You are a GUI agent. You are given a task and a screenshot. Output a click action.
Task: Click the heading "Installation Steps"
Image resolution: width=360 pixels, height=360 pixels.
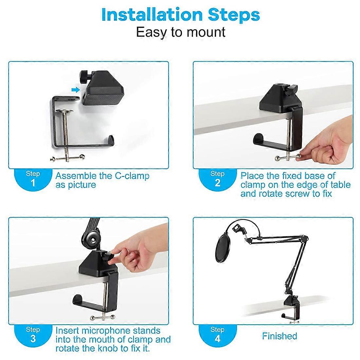pos(180,15)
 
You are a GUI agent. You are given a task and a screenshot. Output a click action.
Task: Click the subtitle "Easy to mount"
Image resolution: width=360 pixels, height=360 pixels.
pos(180,32)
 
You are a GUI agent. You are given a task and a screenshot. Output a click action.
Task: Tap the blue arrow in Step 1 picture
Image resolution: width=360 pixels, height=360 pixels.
pos(76,89)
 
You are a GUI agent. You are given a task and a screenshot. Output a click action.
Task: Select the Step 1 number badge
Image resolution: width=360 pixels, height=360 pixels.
pos(33,179)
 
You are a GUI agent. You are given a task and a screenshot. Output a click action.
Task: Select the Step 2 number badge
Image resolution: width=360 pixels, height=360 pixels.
pos(217,179)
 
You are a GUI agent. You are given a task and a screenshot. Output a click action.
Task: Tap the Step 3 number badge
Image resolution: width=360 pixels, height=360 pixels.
pos(33,334)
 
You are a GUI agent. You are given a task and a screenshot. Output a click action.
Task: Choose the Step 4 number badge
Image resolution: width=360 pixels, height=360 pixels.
pos(217,334)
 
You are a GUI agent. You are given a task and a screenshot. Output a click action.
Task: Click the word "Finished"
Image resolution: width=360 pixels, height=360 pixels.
pos(279,336)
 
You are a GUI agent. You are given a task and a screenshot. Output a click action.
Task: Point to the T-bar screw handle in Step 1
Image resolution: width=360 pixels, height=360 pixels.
pos(66,159)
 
